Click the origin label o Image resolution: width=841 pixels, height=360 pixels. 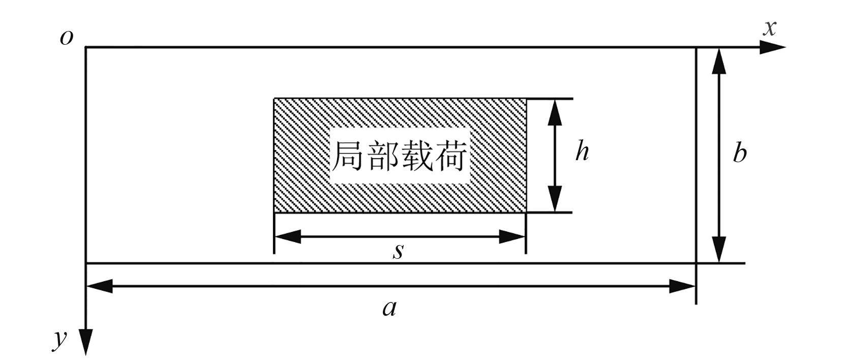[66, 38]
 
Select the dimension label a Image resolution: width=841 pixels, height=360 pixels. [389, 308]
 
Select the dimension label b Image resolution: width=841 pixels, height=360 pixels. [740, 153]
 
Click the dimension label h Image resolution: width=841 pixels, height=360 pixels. [582, 152]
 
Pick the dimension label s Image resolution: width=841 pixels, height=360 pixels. [398, 251]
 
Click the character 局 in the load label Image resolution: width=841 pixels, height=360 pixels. [348, 156]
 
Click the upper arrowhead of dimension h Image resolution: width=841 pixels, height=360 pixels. [555, 112]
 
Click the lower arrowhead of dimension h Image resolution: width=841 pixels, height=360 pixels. [555, 199]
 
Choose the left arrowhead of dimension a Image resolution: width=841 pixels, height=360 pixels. [100, 286]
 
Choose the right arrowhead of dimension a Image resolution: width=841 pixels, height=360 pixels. [682, 286]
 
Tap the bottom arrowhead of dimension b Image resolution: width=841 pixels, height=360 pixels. [718, 249]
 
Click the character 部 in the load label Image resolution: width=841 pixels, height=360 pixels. [382, 156]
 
